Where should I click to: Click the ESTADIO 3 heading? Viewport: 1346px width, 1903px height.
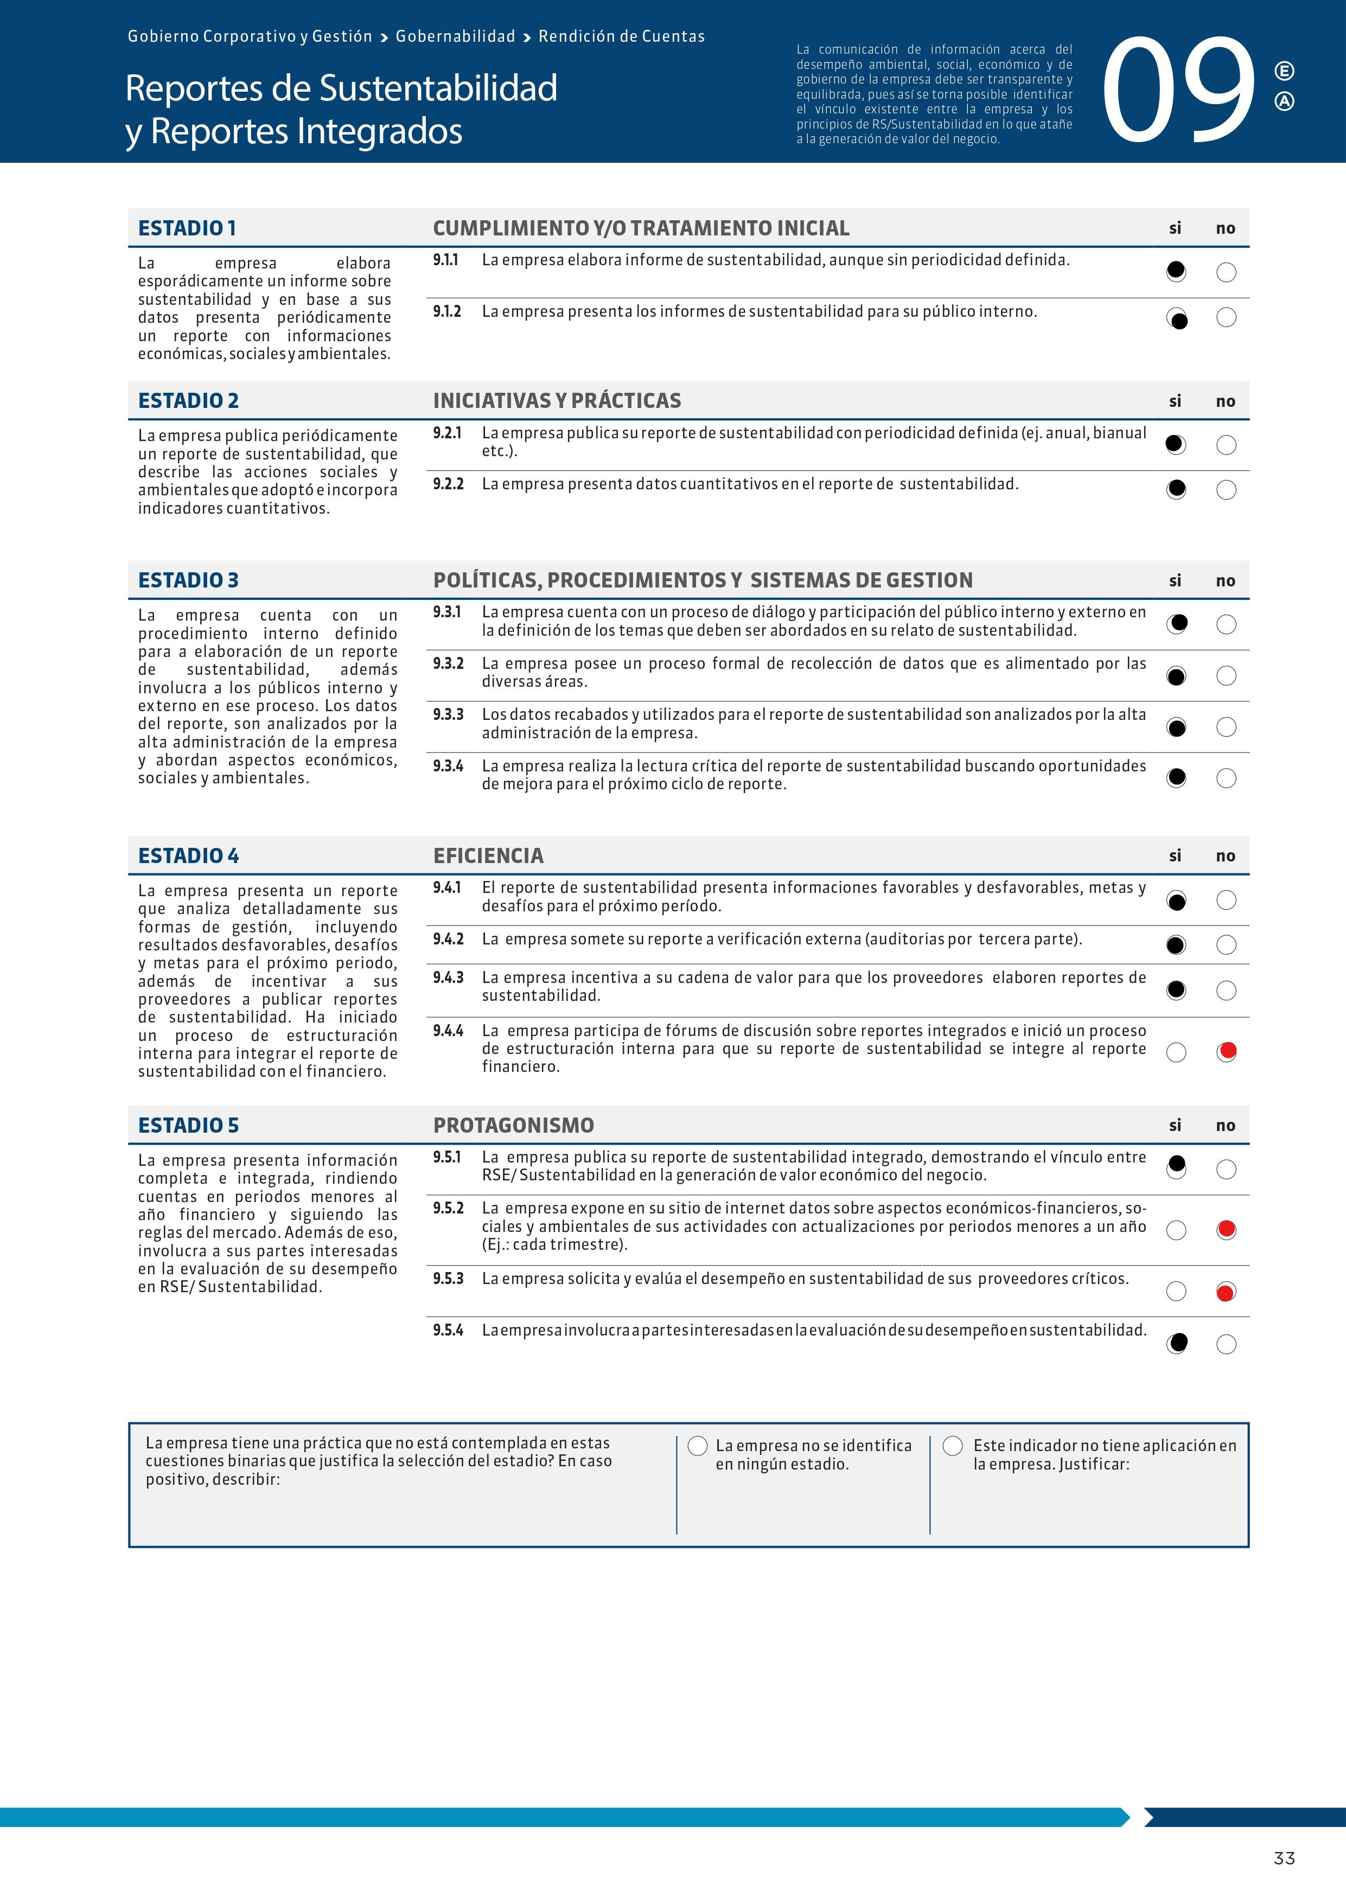point(188,580)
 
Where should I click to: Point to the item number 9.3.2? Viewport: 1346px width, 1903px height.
point(448,663)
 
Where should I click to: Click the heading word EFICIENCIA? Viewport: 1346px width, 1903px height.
point(488,855)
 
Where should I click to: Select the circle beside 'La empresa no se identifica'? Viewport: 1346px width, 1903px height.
point(698,1446)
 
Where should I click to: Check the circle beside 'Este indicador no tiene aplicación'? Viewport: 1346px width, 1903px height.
point(953,1446)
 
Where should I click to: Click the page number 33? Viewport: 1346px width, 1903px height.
point(1284,1858)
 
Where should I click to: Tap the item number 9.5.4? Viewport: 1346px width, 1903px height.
point(448,1330)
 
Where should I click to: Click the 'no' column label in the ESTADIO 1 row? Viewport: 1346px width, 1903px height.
point(1225,229)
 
